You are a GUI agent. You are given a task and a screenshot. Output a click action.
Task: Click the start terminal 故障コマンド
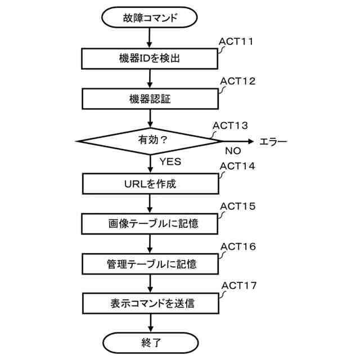(150, 17)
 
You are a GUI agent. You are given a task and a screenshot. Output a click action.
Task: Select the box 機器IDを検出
(150, 58)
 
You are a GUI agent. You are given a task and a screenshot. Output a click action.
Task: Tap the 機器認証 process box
(150, 99)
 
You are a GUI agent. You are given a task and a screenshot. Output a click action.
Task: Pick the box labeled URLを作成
(150, 183)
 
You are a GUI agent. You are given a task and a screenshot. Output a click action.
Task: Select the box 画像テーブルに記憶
(150, 223)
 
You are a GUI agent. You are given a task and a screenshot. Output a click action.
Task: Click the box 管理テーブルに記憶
(150, 263)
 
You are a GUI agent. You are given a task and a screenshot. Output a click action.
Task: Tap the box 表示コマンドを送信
(150, 303)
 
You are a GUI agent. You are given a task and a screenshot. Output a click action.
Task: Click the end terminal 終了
(150, 341)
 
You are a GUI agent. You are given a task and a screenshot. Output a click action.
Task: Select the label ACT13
(229, 125)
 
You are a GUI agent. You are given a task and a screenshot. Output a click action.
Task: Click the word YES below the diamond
(170, 161)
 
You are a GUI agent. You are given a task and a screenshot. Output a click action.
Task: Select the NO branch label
(233, 151)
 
